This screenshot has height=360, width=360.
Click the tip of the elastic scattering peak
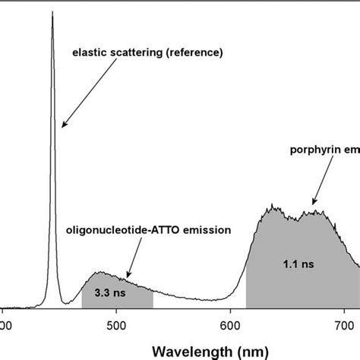coord(52,14)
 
